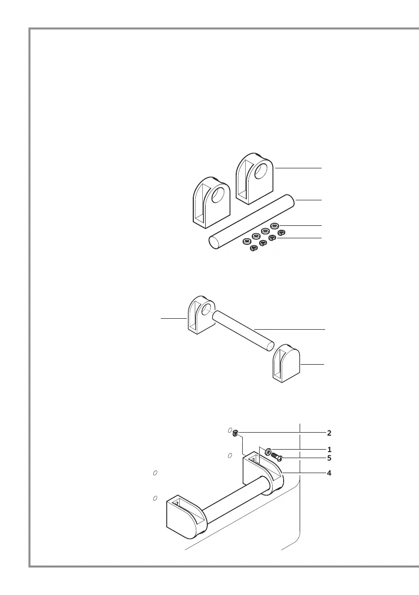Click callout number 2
[329, 432]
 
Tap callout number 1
[329, 449]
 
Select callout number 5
[329, 457]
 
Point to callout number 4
[329, 472]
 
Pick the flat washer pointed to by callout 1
[269, 451]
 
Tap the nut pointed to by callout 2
[235, 432]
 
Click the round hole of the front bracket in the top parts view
[218, 194]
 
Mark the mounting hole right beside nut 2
[230, 430]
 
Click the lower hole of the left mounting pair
[155, 498]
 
